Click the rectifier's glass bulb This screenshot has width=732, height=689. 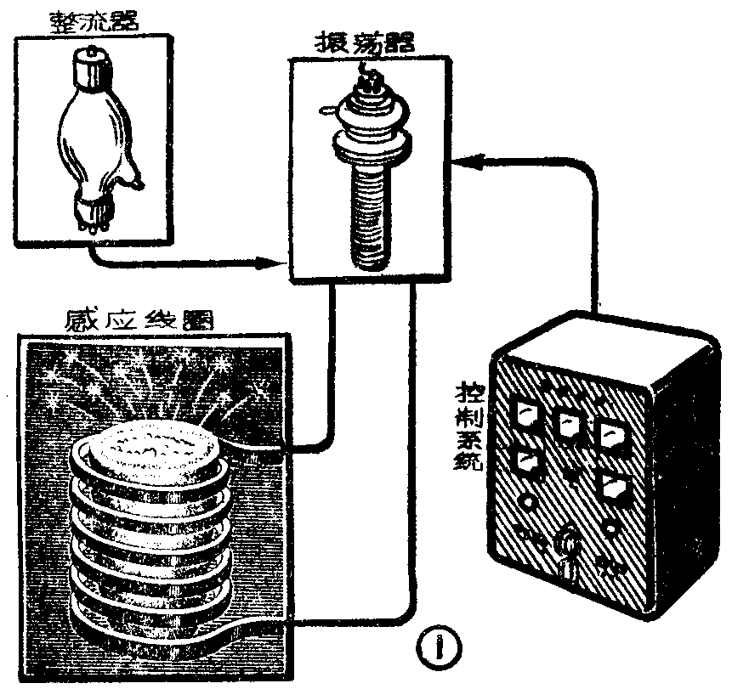89,136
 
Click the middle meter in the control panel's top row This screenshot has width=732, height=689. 569,421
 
